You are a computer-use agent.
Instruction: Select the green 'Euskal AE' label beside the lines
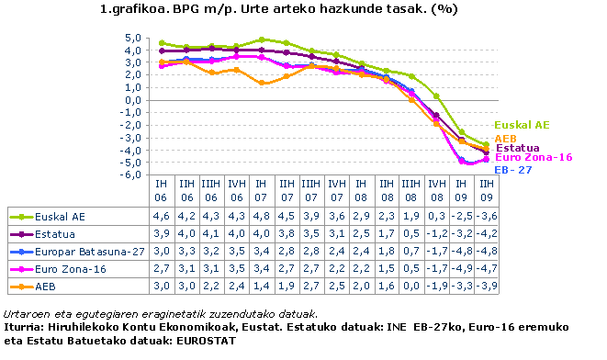point(521,125)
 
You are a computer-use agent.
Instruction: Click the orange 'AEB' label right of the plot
point(505,138)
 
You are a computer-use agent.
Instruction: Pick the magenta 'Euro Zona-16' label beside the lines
point(534,158)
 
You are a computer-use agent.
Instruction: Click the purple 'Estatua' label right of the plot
point(517,148)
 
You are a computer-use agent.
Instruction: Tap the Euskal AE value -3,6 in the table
point(486,218)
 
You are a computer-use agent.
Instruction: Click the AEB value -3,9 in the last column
point(486,285)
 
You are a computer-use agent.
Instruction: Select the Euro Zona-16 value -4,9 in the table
point(461,267)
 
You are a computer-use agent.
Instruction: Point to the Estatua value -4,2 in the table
point(486,234)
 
